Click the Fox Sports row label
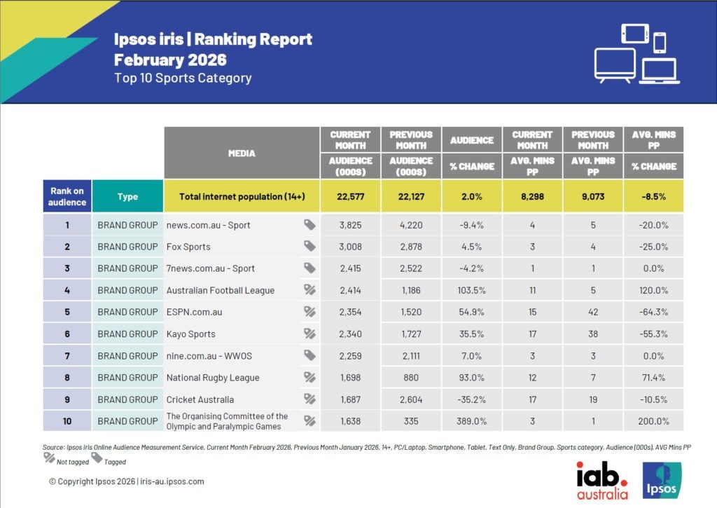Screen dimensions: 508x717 188,247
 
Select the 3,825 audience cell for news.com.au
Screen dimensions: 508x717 350,225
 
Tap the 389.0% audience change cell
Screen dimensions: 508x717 471,421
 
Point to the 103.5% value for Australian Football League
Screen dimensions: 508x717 471,290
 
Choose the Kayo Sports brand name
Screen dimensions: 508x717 190,334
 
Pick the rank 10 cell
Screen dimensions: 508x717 68,421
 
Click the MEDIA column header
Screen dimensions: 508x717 242,153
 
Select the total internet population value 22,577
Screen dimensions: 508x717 350,197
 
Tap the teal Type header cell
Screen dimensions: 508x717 127,197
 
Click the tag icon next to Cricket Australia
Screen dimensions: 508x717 309,399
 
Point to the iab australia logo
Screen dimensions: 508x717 601,481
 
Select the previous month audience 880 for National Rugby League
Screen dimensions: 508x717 410,378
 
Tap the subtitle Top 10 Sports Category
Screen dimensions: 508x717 183,78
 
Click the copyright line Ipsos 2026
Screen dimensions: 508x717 126,481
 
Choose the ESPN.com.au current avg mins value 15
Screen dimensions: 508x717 532,312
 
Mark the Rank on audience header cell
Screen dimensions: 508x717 68,197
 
